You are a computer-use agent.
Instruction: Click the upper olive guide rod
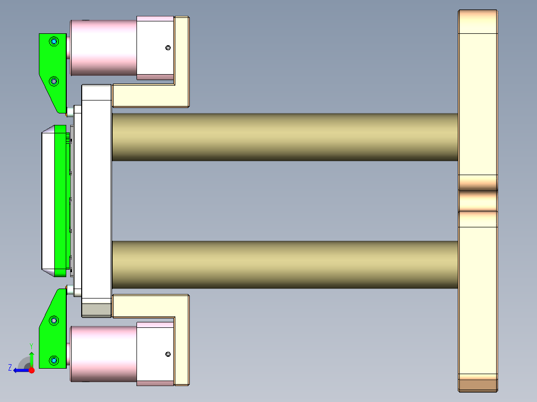(284, 137)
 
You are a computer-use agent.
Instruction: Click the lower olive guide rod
(284, 265)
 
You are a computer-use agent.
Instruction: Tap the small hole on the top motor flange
(168, 48)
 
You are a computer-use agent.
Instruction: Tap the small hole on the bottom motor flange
(168, 354)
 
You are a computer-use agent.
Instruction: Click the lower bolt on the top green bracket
(54, 81)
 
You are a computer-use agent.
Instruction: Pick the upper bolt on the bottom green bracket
(54, 321)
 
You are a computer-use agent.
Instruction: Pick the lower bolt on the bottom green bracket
(54, 359)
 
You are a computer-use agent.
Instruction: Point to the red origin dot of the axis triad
(31, 370)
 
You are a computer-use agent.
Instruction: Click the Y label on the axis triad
(31, 345)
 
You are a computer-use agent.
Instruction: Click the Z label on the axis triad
(10, 367)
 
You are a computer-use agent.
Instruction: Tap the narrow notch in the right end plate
(477, 201)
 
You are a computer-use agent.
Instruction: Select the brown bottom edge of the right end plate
(477, 385)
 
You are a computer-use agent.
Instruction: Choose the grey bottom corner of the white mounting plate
(96, 310)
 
